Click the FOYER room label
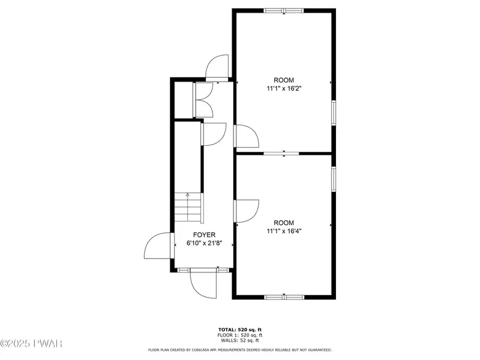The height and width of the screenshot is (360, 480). [x=204, y=235]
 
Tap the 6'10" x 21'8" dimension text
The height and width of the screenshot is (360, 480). [x=204, y=244]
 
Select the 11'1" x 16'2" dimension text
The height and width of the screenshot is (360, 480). [x=284, y=89]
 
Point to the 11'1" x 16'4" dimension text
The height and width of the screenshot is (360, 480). [x=284, y=231]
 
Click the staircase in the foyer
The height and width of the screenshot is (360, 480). [x=188, y=208]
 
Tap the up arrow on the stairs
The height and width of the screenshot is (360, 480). [x=188, y=194]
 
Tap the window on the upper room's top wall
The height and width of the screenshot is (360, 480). [x=284, y=11]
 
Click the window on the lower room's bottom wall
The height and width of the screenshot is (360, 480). [x=284, y=297]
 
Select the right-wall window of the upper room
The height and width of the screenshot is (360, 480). [x=334, y=113]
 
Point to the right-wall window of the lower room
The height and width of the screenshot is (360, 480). [x=334, y=179]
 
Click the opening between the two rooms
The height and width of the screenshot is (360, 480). [x=281, y=154]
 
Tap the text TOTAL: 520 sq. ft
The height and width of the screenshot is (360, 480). [x=240, y=329]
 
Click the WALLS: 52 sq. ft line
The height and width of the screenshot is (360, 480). [x=240, y=340]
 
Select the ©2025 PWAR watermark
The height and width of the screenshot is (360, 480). [x=31, y=343]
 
